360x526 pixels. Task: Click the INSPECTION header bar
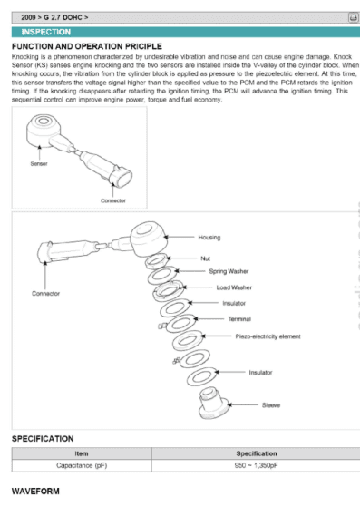coord(180,32)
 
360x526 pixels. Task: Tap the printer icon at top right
coord(352,17)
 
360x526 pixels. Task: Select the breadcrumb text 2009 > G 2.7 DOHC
coord(54,17)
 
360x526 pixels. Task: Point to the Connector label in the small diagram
coord(112,200)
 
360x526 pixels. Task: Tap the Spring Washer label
coord(229,271)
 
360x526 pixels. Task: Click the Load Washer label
coord(234,287)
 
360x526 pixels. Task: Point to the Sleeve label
coord(270,404)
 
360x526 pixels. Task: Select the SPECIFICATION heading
coord(43,438)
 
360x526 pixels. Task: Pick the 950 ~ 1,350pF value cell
coord(256,465)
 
